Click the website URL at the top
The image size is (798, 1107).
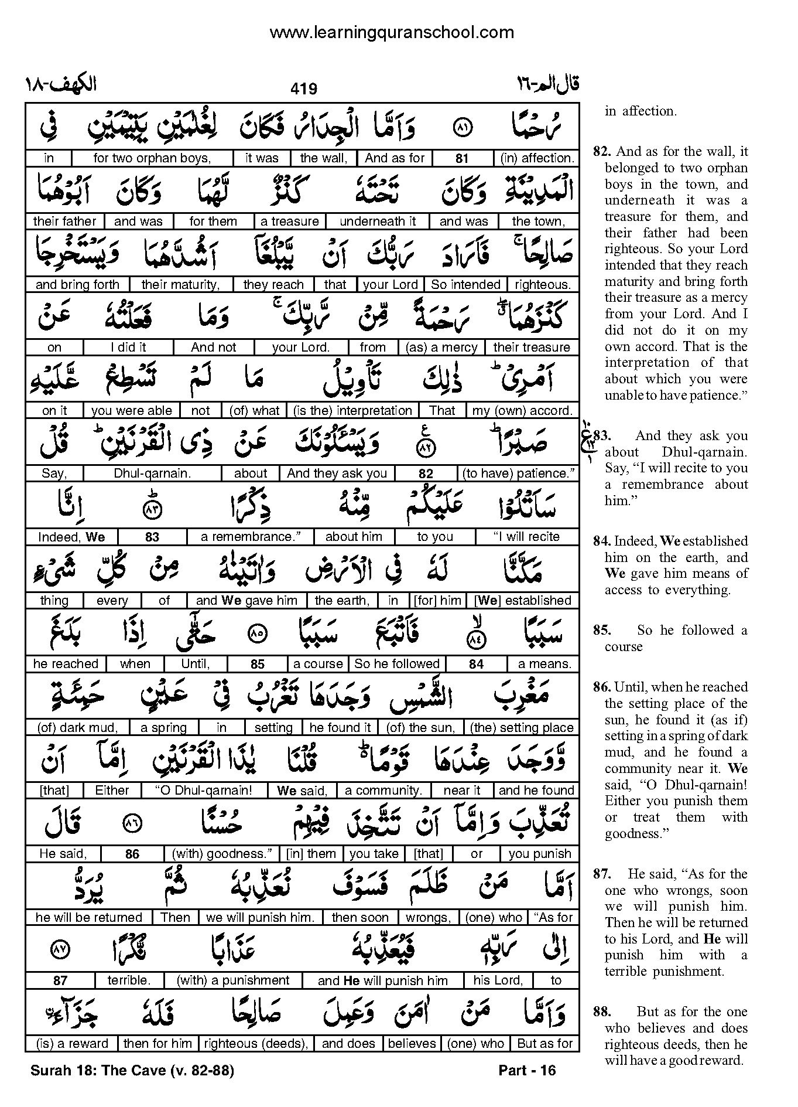coord(391,32)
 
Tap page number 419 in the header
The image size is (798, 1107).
coord(303,88)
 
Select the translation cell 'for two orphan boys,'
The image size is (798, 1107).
coord(152,158)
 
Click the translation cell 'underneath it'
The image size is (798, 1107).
coord(378,222)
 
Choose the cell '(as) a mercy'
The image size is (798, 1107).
coord(441,348)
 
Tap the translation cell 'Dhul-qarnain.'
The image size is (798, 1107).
coord(152,474)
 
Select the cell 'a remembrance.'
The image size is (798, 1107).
coord(250,537)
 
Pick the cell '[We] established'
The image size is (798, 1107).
coord(522,601)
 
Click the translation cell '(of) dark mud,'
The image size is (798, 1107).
coord(77,728)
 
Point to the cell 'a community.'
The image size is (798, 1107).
coord(383,791)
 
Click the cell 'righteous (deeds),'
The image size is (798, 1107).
coord(256,1044)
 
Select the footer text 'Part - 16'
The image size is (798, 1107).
coord(526,1071)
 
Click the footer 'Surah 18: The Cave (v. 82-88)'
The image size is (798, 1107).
coord(132,1071)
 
